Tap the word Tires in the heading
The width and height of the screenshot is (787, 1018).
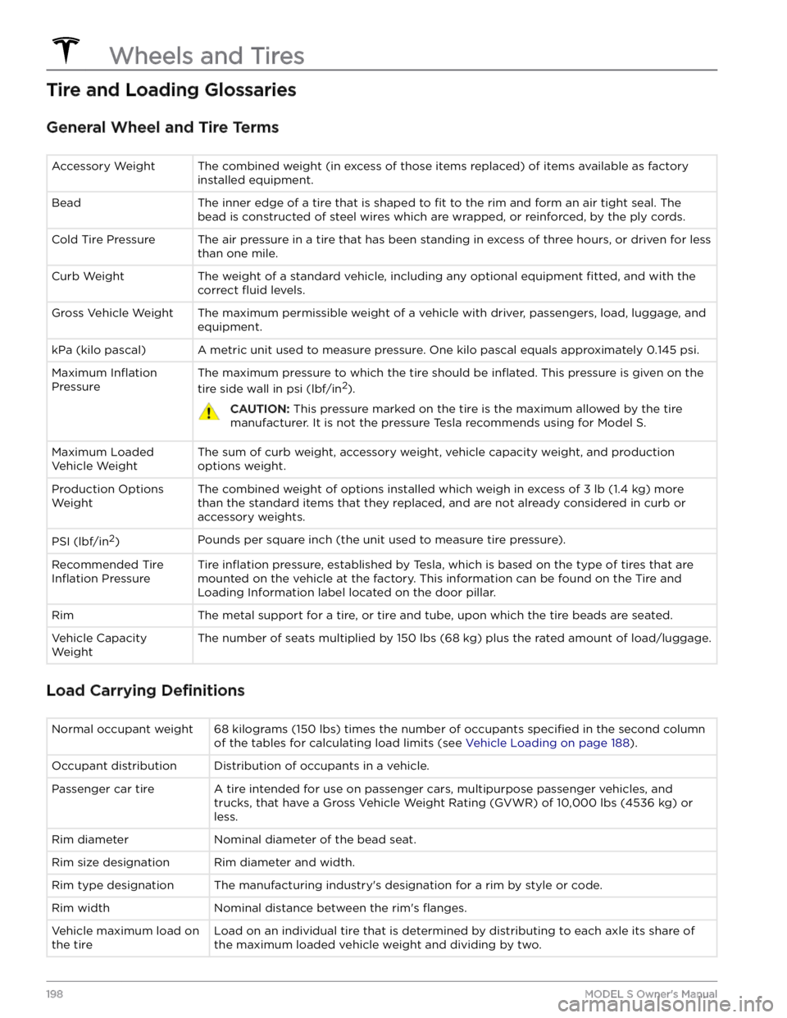[278, 56]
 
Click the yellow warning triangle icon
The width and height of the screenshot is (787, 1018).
[209, 411]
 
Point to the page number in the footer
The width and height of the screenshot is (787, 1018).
[52, 992]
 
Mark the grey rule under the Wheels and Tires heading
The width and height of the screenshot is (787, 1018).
[382, 70]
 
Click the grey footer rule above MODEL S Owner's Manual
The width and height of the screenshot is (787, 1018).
[382, 980]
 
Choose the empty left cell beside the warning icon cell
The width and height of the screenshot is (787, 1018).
[120, 400]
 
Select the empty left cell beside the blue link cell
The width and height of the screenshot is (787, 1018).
[127, 735]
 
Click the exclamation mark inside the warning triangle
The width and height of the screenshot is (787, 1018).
[209, 412]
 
